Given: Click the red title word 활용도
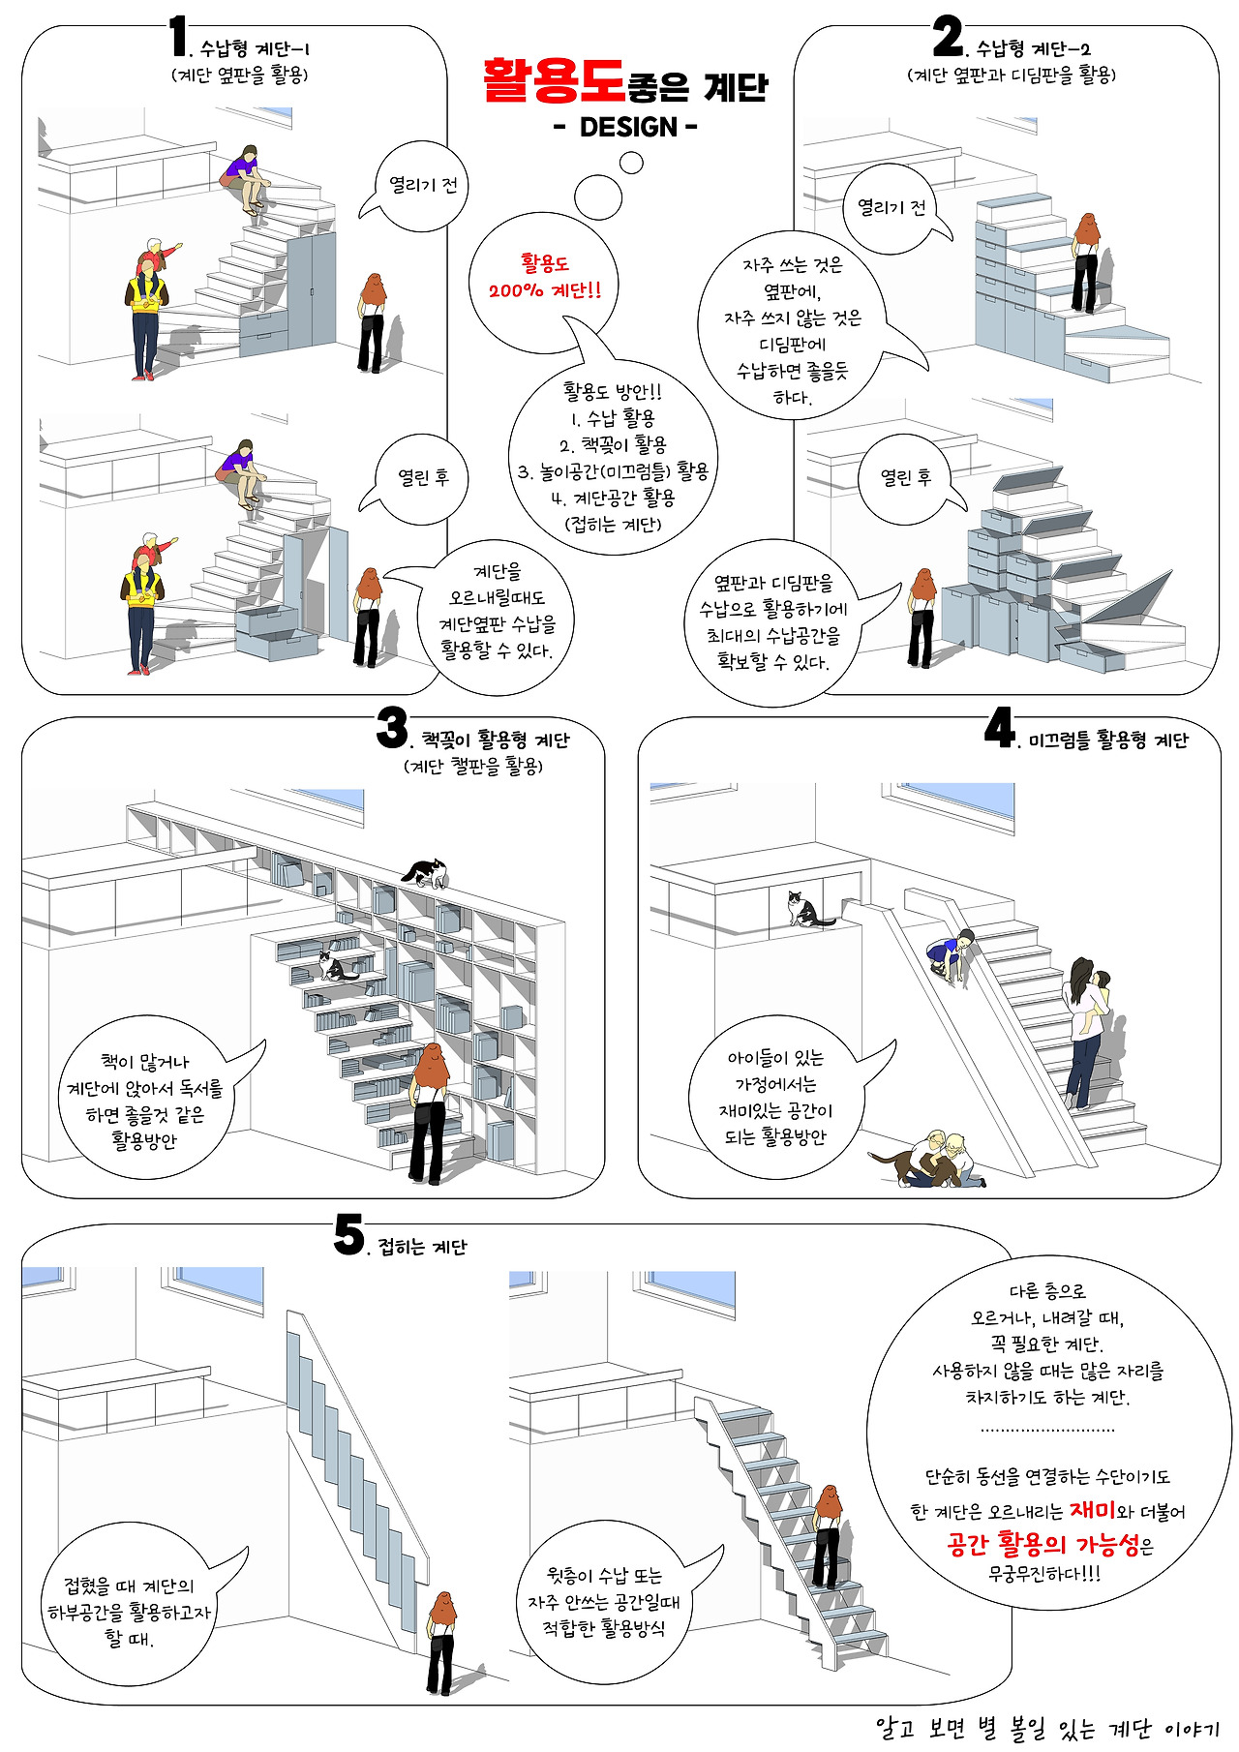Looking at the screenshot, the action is (554, 81).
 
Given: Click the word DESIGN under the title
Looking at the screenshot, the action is (628, 127).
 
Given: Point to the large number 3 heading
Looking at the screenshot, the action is (392, 727).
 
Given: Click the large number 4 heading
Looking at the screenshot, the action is (999, 727).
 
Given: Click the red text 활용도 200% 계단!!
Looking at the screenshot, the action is (545, 276).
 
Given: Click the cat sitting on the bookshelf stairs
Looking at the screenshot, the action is (335, 965).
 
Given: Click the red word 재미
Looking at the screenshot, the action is (1092, 1510).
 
